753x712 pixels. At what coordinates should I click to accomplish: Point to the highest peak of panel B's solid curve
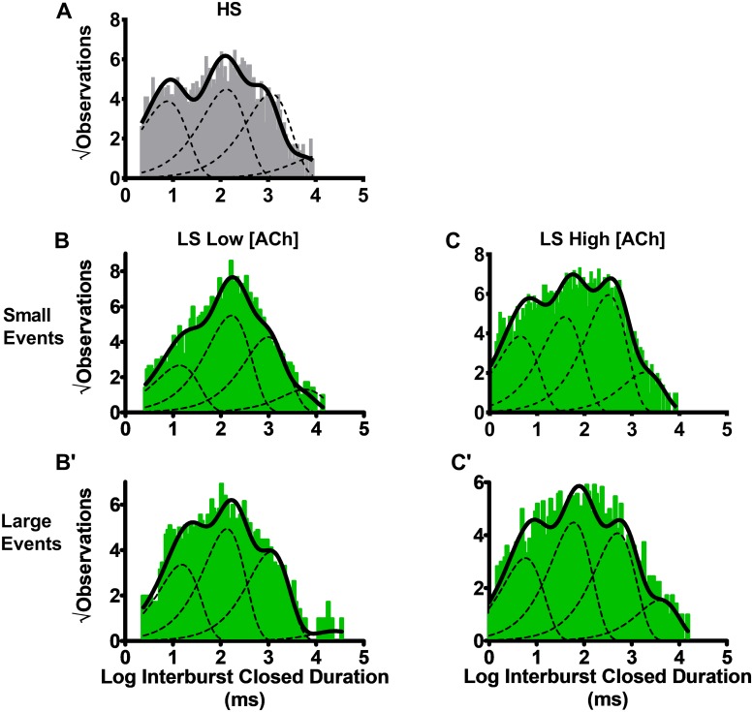[x=234, y=277]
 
